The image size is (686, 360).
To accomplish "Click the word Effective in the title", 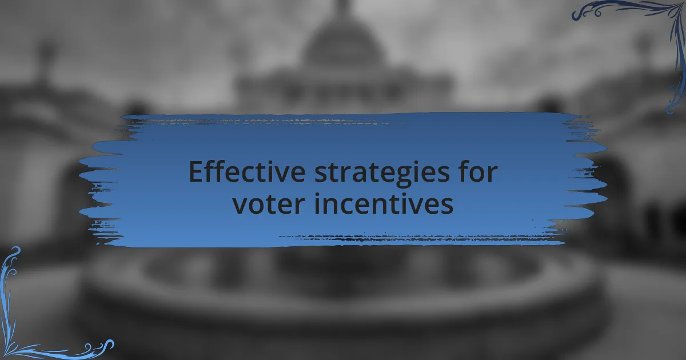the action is pyautogui.click(x=247, y=171).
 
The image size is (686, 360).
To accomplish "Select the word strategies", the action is pyautogui.click(x=382, y=174).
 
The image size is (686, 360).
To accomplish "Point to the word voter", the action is pyautogui.click(x=269, y=203).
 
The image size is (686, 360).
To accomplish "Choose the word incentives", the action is pyautogui.click(x=384, y=203).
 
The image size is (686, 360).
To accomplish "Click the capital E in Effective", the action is pyautogui.click(x=196, y=171).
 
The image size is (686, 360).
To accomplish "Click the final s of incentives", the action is pyautogui.click(x=447, y=205).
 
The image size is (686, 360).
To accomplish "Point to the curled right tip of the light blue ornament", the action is pyautogui.click(x=109, y=345).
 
